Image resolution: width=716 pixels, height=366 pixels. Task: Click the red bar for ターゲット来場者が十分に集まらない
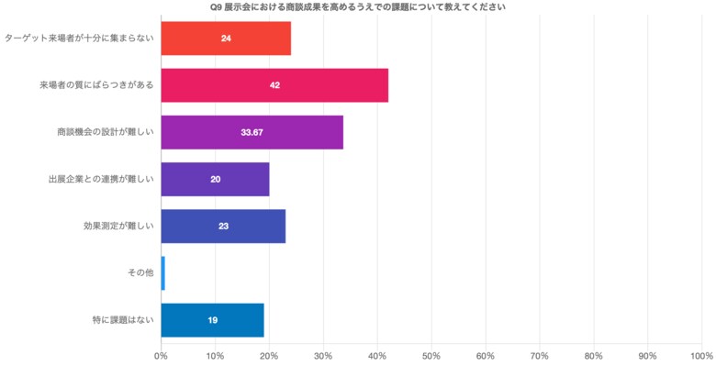click(x=225, y=39)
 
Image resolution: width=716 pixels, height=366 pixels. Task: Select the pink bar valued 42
click(x=274, y=85)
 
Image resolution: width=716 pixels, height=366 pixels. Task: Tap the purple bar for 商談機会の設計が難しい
click(x=252, y=132)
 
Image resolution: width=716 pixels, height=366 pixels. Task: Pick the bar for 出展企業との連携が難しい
click(x=215, y=179)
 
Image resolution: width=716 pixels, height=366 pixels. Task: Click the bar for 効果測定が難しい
click(x=223, y=226)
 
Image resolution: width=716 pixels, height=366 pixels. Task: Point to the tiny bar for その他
click(x=162, y=272)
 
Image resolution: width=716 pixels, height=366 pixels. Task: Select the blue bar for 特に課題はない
click(x=212, y=320)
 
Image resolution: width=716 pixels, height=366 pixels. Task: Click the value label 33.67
click(x=252, y=132)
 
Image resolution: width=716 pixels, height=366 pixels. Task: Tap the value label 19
click(x=212, y=320)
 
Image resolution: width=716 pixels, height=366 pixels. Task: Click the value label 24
click(x=225, y=39)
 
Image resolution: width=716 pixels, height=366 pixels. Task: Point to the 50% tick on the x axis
click(x=431, y=355)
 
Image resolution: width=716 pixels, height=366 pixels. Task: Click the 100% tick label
click(x=701, y=355)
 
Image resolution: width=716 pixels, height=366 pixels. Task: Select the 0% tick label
click(x=161, y=355)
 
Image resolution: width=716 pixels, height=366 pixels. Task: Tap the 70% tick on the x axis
click(x=540, y=355)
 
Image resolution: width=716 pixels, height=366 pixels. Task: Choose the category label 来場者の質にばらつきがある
click(x=95, y=85)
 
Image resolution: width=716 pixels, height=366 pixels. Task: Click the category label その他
click(x=140, y=272)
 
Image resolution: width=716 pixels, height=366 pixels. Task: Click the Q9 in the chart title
click(x=217, y=6)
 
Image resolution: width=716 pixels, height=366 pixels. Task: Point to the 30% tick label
click(x=323, y=355)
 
